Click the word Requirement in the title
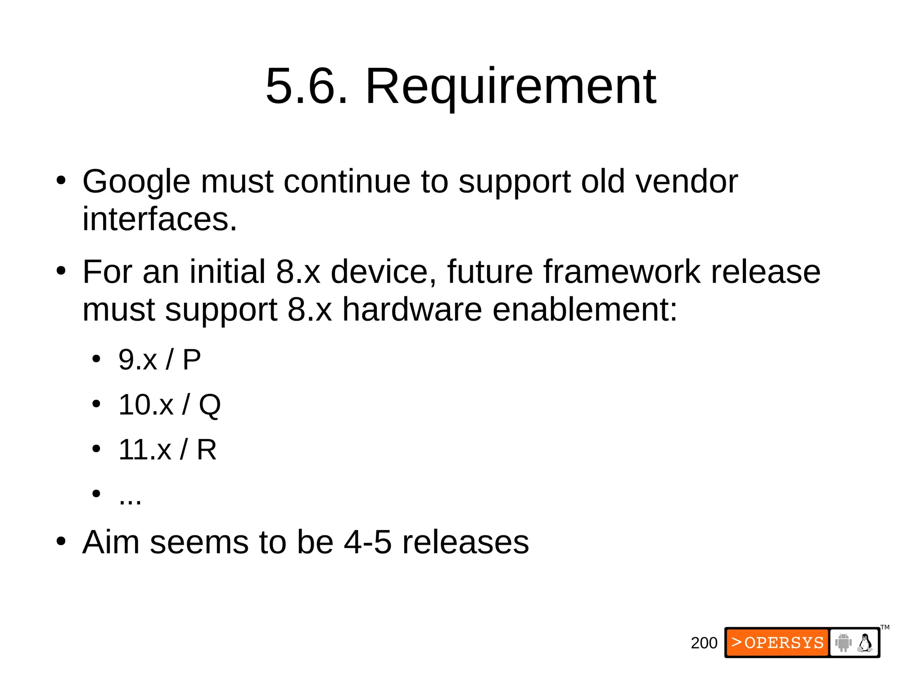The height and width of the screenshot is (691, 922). pos(511,86)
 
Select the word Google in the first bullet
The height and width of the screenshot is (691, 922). pos(136,182)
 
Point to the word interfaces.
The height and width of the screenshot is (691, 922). pos(159,220)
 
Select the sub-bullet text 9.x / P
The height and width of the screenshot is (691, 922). pos(159,360)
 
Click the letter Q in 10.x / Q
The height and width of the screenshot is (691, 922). pos(210,405)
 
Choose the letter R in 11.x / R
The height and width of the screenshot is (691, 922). pos(207,449)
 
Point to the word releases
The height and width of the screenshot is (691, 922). pos(465,542)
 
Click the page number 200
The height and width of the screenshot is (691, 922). pos(704,643)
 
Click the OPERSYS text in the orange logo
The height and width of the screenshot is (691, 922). pos(784,643)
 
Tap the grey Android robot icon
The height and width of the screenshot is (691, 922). pos(843,642)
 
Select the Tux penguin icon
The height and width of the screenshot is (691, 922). pos(865,642)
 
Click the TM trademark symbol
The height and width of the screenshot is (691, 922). pos(885,627)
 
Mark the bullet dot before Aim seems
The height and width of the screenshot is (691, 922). pos(61,541)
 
